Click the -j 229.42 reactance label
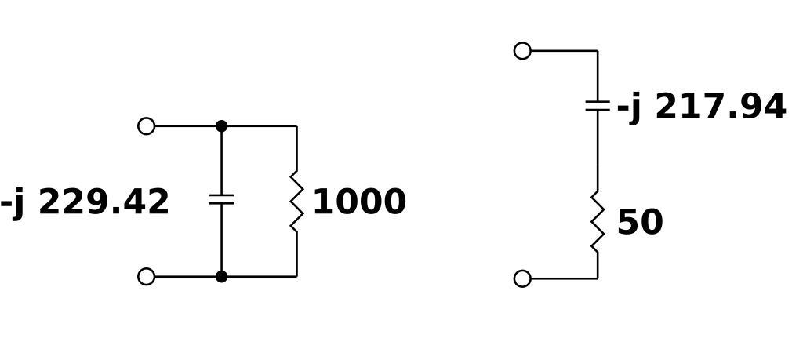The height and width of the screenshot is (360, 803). tap(85, 202)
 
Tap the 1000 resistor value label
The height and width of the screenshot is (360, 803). tap(359, 202)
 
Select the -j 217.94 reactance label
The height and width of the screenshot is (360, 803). tap(701, 107)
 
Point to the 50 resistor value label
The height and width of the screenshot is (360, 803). tap(640, 223)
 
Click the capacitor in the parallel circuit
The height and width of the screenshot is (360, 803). tap(221, 199)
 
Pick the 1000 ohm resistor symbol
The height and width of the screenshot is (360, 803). tap(296, 202)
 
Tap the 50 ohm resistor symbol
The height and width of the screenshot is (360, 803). tap(598, 223)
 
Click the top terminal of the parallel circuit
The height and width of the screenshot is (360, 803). tap(147, 126)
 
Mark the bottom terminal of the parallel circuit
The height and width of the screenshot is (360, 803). tap(147, 276)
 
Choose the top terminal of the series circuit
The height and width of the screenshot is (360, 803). tap(522, 51)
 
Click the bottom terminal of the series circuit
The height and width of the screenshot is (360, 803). tap(522, 278)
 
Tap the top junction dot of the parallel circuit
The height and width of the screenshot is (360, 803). tap(221, 126)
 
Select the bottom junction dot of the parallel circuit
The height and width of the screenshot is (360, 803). tap(221, 276)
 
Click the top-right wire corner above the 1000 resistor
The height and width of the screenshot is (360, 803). tap(296, 126)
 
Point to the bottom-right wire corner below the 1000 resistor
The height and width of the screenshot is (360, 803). tap(296, 276)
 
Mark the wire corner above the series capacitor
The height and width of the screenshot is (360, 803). tap(598, 51)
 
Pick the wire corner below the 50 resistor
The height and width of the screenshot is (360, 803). tap(598, 278)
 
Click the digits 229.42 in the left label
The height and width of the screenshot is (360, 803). tap(104, 202)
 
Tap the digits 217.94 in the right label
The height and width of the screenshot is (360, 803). tap(720, 107)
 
